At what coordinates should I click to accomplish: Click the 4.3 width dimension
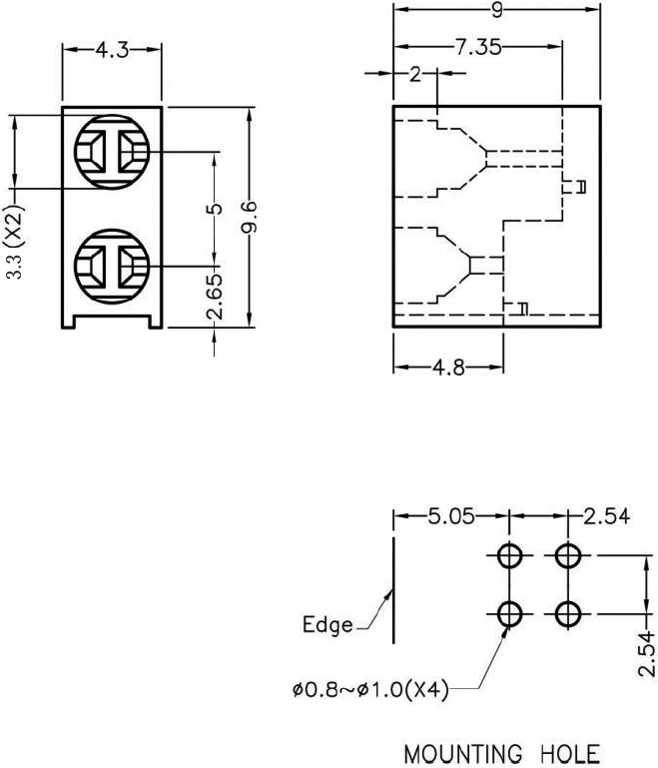[112, 50]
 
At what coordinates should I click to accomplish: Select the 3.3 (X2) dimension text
[15, 242]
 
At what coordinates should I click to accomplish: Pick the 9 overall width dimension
[497, 9]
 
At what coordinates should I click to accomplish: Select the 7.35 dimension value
[477, 47]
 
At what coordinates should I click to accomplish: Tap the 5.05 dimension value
[452, 517]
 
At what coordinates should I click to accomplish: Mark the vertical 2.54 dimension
[648, 653]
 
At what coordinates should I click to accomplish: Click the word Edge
[328, 626]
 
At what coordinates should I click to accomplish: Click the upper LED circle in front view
[112, 153]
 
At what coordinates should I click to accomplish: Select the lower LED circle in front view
[112, 267]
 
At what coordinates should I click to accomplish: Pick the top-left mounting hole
[509, 555]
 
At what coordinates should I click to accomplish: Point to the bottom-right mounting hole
[568, 612]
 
